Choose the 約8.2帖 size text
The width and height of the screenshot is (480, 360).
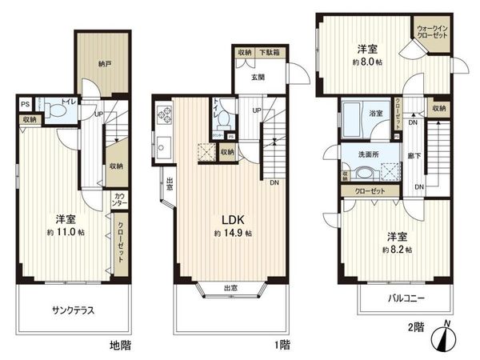(392, 250)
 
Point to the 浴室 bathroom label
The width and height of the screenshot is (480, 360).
(375, 114)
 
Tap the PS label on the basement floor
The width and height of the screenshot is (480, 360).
(26, 103)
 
